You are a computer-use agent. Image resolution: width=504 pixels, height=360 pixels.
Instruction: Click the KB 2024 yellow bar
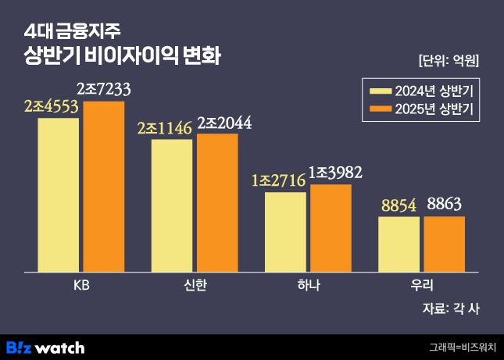click(x=58, y=194)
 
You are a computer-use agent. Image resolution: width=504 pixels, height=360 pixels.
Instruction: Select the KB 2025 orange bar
click(x=103, y=187)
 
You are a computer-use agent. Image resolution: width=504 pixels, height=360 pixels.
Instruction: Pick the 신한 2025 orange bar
click(x=217, y=202)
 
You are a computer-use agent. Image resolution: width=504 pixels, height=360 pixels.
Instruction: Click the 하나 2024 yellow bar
click(x=285, y=231)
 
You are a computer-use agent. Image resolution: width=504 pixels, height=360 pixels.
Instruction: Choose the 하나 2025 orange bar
click(x=331, y=228)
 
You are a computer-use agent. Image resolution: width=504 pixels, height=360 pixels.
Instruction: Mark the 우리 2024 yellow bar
click(x=399, y=244)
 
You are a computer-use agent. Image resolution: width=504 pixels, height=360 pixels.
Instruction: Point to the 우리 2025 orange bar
click(x=444, y=244)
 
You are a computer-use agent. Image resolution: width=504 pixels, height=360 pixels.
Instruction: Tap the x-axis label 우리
click(x=421, y=285)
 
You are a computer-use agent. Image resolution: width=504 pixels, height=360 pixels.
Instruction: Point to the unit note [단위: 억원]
click(x=448, y=60)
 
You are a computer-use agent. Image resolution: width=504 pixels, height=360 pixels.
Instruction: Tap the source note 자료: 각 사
click(x=450, y=308)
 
